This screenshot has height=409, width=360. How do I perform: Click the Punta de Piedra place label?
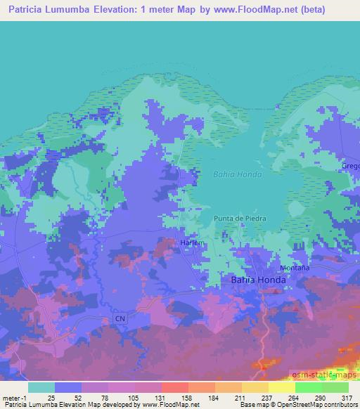(236, 219)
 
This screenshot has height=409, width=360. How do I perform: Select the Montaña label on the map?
(295, 268)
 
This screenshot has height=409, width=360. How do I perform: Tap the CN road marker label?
(120, 318)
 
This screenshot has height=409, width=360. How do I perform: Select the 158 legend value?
(186, 398)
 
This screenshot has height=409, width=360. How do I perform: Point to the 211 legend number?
(240, 398)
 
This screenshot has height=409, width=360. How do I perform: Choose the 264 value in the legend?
(294, 398)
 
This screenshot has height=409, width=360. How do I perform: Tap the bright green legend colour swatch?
(308, 387)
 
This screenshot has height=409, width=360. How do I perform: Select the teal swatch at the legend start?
(41, 387)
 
